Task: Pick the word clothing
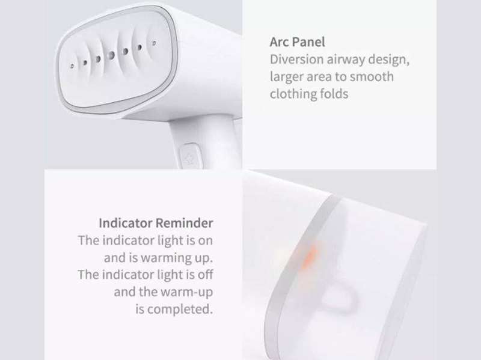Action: click(x=290, y=94)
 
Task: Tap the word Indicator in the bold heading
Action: click(x=125, y=223)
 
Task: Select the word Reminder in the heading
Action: click(x=185, y=223)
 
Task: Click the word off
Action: click(x=206, y=275)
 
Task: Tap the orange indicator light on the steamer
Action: click(x=308, y=257)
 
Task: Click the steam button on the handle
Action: click(x=191, y=157)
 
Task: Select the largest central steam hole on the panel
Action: click(x=111, y=55)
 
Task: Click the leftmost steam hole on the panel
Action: click(x=72, y=66)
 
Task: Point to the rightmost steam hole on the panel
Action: click(x=154, y=43)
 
